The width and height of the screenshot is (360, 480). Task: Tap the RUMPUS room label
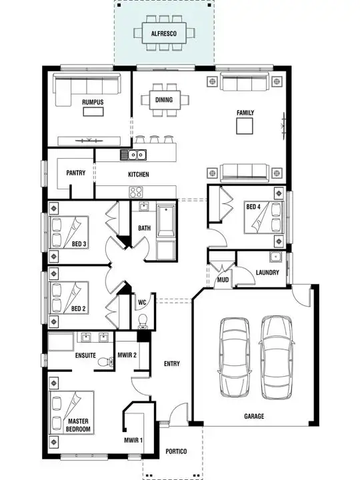pyautogui.click(x=93, y=102)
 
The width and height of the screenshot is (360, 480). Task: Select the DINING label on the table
pyautogui.click(x=164, y=101)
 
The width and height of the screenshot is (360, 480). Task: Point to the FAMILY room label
pyautogui.click(x=245, y=113)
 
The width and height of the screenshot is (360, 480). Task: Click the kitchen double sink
pyautogui.click(x=133, y=155)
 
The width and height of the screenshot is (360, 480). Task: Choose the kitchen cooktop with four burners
pyautogui.click(x=137, y=192)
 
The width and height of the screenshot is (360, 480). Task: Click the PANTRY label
pyautogui.click(x=75, y=173)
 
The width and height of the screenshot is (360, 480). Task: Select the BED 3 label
pyautogui.click(x=79, y=244)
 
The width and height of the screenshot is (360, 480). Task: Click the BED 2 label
pyautogui.click(x=79, y=309)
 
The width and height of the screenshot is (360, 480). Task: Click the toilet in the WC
pyautogui.click(x=141, y=321)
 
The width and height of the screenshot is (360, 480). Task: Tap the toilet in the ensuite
pyautogui.click(x=104, y=361)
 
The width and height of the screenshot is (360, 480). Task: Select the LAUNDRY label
pyautogui.click(x=267, y=273)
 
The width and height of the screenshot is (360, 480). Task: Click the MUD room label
pyautogui.click(x=223, y=280)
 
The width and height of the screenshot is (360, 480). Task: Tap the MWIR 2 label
pyautogui.click(x=127, y=355)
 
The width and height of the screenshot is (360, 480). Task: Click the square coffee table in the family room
pyautogui.click(x=245, y=126)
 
